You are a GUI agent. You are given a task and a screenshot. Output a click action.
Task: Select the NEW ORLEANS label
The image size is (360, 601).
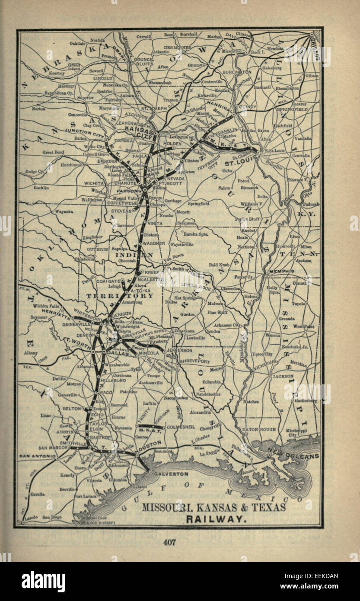point(293,456)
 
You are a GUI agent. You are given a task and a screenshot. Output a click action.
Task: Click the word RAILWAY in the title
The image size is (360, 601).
point(216,518)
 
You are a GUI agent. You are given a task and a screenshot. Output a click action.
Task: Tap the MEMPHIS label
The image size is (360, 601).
point(282,271)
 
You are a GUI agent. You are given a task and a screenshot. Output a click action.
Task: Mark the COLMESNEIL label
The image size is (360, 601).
point(181,426)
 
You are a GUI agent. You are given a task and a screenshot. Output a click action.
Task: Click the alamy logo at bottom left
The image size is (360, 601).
point(43,582)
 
